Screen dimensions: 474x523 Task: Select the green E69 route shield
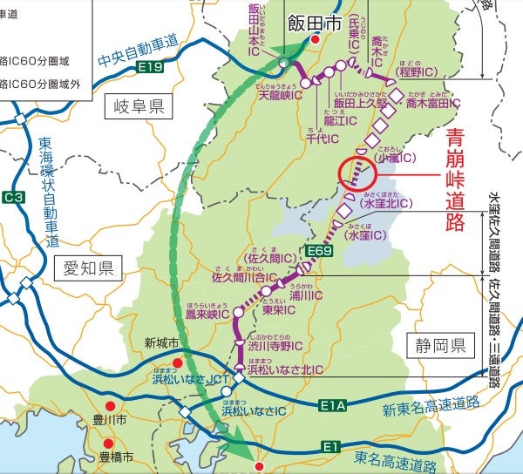319,252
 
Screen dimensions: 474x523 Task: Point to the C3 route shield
13,198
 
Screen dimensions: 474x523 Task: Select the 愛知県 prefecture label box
87,267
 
